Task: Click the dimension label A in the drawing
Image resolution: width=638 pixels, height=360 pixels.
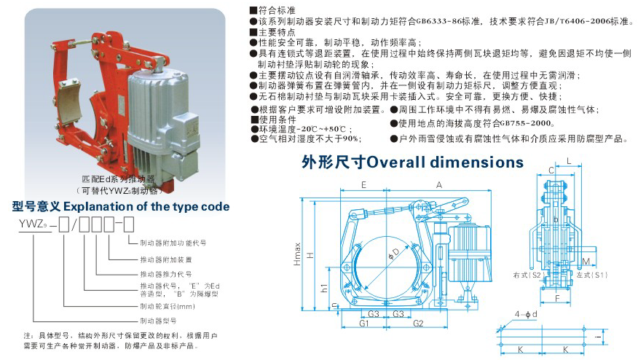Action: (x=438, y=185)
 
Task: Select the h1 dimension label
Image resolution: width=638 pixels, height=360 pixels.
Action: (x=323, y=289)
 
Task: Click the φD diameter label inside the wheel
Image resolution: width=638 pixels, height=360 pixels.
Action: (x=393, y=254)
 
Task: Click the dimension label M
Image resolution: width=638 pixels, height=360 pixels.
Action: (x=587, y=260)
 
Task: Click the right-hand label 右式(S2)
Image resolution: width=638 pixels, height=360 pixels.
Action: (x=526, y=276)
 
